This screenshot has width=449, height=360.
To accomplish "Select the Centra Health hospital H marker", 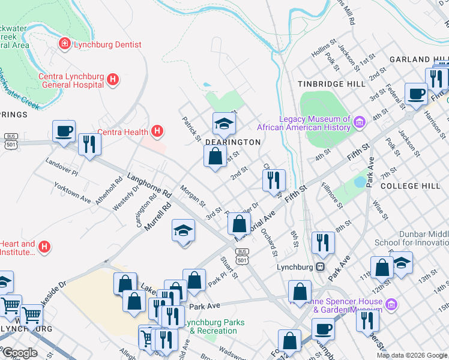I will click(x=157, y=130).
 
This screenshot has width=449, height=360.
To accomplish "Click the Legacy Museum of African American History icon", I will click(x=360, y=123).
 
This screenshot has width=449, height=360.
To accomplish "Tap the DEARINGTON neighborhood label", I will click(x=233, y=142).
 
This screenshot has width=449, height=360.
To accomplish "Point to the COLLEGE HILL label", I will click(x=411, y=186).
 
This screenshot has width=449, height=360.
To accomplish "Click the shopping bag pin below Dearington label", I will click(x=215, y=157).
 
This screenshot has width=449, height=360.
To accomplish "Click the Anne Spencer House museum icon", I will click(x=391, y=305).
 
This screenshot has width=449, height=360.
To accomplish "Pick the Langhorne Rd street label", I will click(x=149, y=186).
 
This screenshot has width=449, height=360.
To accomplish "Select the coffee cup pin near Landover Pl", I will click(x=64, y=131).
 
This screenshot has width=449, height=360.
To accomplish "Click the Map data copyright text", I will click(x=411, y=355).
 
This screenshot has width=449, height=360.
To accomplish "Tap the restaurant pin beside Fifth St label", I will click(x=274, y=179).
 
